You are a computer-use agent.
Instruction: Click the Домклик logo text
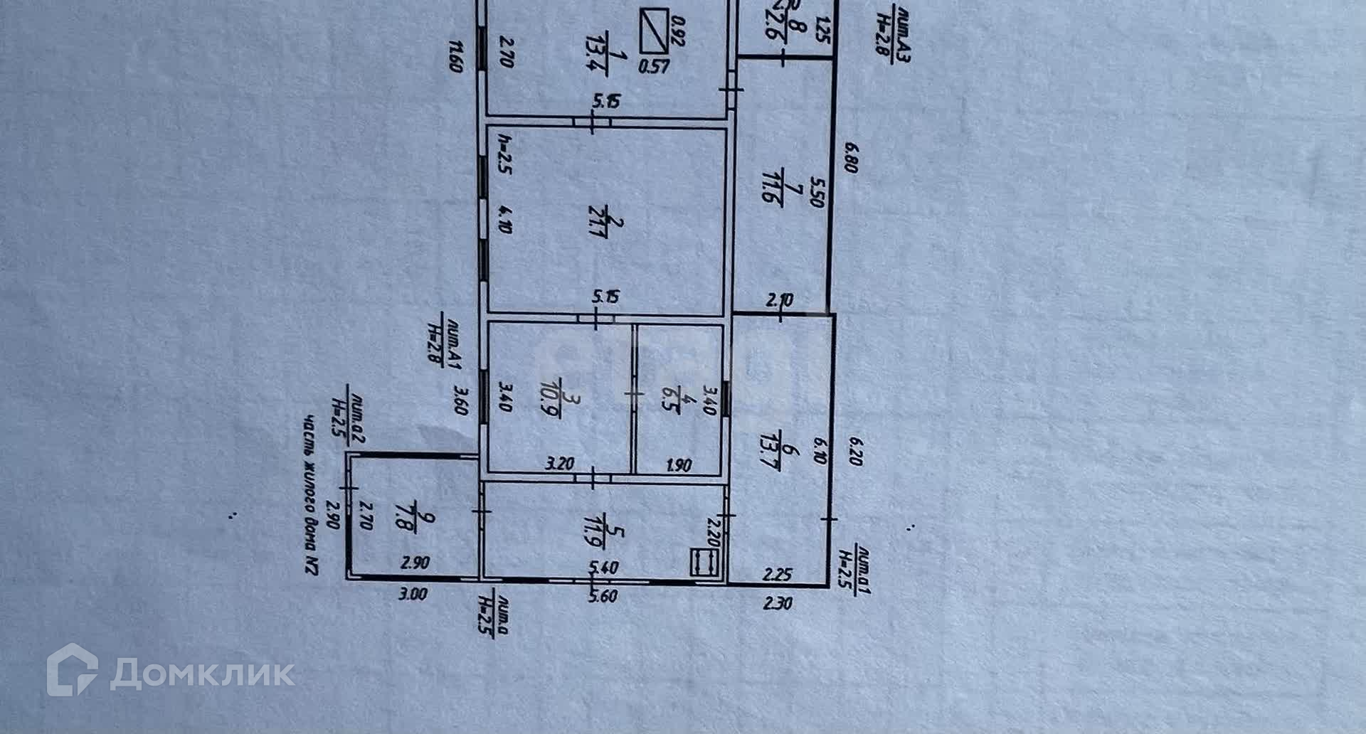(203, 672)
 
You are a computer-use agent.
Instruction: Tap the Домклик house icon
(72, 669)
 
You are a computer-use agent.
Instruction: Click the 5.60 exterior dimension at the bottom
(603, 596)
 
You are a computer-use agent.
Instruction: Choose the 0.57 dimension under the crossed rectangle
(654, 67)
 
